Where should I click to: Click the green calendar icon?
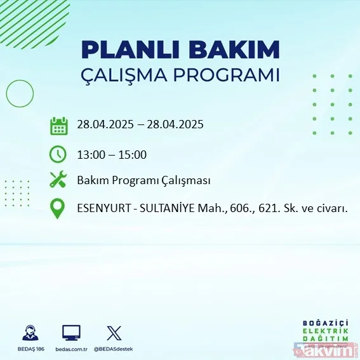tap(58, 125)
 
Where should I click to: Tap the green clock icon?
tap(58, 154)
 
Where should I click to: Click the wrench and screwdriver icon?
tap(58, 180)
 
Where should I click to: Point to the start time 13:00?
tap(90, 154)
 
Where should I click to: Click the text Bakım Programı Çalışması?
tap(143, 180)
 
